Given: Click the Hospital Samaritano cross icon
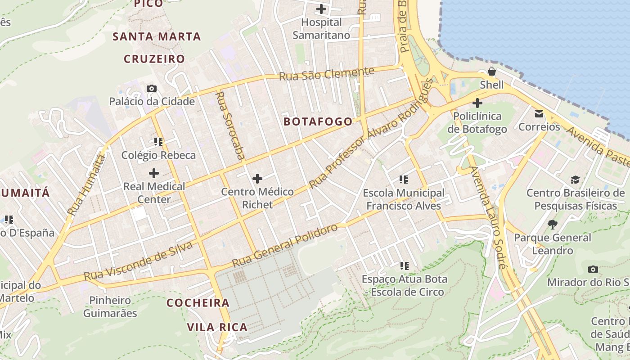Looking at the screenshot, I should coord(321,9).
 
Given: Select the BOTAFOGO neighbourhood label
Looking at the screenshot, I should coord(318,121).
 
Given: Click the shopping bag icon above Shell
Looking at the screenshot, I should coord(492,72).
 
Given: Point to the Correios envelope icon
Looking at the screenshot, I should coord(539,114).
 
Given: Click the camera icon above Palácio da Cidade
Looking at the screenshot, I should coord(152,88).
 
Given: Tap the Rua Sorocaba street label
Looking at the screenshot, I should coord(230,126).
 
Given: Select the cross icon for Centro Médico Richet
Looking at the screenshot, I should coord(257,179).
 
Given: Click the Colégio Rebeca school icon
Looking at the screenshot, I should coord(158,142).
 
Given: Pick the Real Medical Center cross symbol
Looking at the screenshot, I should coord(154,173).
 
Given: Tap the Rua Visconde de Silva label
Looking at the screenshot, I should coord(138,261).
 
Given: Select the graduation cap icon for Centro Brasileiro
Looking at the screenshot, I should coord(575,180).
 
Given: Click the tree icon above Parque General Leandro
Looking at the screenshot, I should coord(552,224).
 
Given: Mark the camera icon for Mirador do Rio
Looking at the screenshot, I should coord(593,269).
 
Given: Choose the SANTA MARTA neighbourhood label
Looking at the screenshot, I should coord(156,37).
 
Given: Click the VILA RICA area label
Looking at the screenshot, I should coord(217,327).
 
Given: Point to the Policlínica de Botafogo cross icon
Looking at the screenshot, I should coord(477,103).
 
